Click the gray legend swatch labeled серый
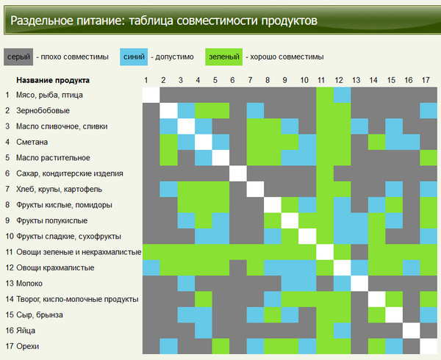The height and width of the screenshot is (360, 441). tap(18, 57)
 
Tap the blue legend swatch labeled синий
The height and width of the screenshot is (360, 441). tap(134, 57)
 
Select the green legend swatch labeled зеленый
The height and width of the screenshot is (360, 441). tap(224, 57)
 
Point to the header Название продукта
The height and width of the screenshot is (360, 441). tap(53, 80)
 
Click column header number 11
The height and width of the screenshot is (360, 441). tap(321, 80)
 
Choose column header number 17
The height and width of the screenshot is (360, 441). tap(426, 80)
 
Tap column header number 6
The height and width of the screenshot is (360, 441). tap(232, 80)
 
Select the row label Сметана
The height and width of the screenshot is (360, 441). tap(32, 143)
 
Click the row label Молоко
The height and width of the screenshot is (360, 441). tap(29, 284)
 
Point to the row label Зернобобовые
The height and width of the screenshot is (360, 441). tap(43, 111)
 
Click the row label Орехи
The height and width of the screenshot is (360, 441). tap(28, 346)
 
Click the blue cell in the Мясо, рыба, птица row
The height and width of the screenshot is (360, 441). tap(342, 95)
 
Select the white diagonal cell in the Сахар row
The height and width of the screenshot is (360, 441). tap(238, 173)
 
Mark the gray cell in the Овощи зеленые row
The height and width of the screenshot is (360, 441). tap(359, 252)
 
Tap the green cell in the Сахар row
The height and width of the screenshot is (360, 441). tap(325, 173)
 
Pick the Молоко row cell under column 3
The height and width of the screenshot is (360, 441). tap(186, 284)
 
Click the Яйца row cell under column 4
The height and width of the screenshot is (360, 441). tap(204, 331)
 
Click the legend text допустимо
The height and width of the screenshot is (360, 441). tap(174, 57)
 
